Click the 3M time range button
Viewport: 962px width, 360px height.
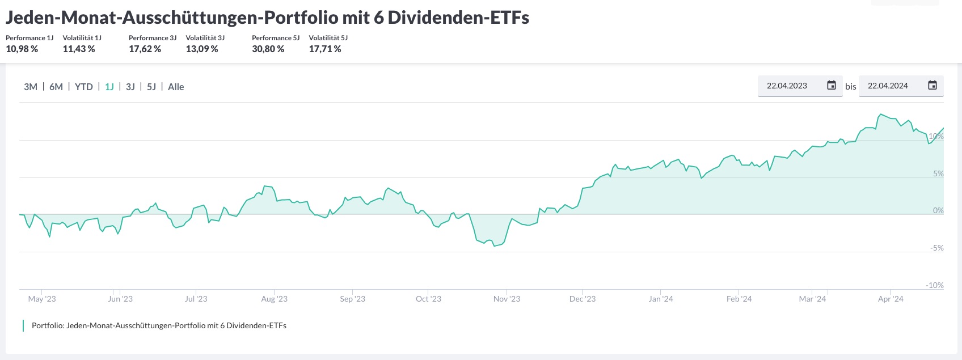(31, 87)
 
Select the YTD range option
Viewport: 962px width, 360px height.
(84, 87)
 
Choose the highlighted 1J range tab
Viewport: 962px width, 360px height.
(109, 87)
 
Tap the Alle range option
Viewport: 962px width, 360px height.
(176, 87)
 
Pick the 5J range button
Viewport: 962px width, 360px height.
(151, 87)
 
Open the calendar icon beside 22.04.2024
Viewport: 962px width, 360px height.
(933, 86)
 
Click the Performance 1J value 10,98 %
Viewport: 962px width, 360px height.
(22, 49)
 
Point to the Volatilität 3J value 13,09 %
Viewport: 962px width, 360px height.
(202, 49)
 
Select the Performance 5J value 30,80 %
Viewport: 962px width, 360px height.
(268, 49)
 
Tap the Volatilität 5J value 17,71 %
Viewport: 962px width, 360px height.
(325, 49)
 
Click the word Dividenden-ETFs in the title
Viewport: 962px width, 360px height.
(458, 18)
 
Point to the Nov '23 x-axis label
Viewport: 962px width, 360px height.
(507, 299)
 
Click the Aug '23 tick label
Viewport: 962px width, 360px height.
(275, 299)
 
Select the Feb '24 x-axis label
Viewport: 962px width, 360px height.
(739, 299)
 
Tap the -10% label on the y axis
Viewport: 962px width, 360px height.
(935, 285)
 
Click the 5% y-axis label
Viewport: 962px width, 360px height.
(938, 173)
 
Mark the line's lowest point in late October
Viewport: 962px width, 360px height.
(494, 246)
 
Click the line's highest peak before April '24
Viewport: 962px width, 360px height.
(880, 115)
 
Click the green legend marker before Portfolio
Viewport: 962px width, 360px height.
(23, 325)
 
